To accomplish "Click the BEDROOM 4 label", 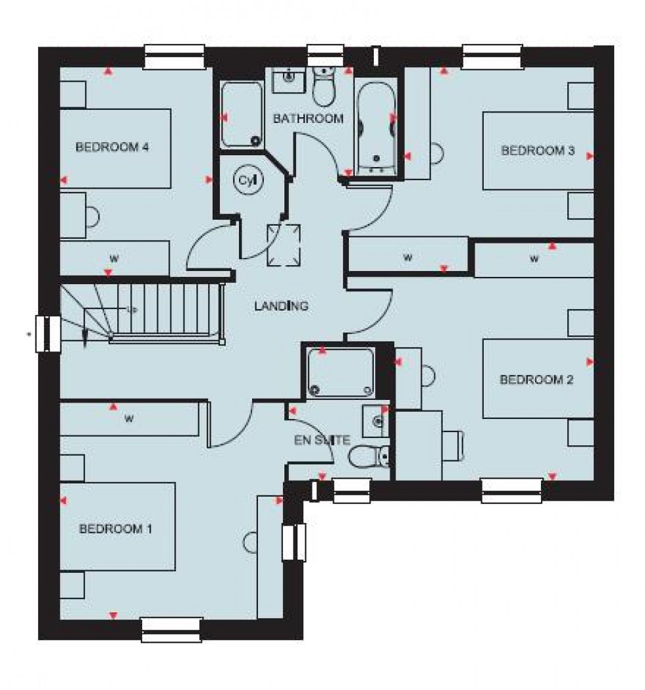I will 111,147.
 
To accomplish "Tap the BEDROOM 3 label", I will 538,151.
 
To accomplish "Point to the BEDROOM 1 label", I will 116,528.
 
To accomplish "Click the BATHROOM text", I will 308,119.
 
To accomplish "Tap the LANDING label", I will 282,306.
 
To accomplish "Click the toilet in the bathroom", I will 322,87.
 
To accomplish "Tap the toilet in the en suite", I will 369,454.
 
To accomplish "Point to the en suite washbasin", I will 375,418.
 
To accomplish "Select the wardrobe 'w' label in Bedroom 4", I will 113,257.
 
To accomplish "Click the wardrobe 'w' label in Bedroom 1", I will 129,418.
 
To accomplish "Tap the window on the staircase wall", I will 48,333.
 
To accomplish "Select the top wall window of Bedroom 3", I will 492,57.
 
